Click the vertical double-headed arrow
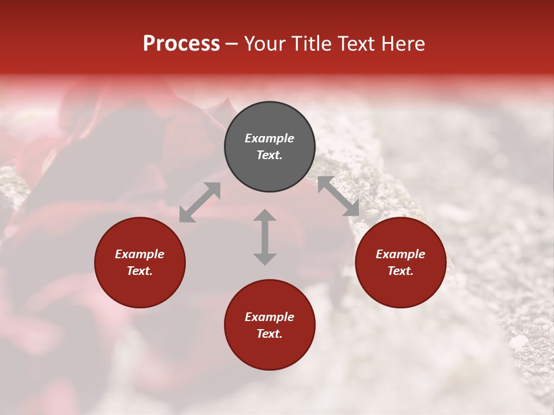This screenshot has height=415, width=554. tap(265, 237)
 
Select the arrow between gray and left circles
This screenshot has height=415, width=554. tap(200, 202)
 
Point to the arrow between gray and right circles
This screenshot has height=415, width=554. tap(338, 196)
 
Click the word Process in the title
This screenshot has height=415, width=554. tap(181, 44)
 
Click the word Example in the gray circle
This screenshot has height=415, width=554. tap(269, 138)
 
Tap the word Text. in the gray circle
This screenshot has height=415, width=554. tap(269, 155)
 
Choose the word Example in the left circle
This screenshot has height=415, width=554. tap(140, 254)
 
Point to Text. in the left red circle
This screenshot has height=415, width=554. tap(140, 271)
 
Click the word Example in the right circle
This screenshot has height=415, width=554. tap(400, 254)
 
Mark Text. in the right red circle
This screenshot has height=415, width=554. tap(400, 271)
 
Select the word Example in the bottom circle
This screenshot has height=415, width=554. tap(269, 317)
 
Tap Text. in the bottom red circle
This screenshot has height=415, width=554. tap(269, 334)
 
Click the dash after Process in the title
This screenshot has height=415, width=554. tap(232, 44)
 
